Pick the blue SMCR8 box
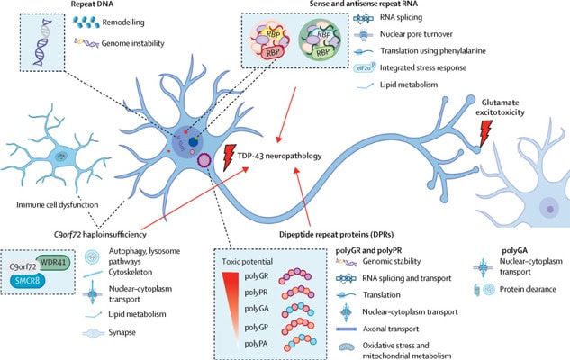pos(37,281)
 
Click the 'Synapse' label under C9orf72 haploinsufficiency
pos(119,331)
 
